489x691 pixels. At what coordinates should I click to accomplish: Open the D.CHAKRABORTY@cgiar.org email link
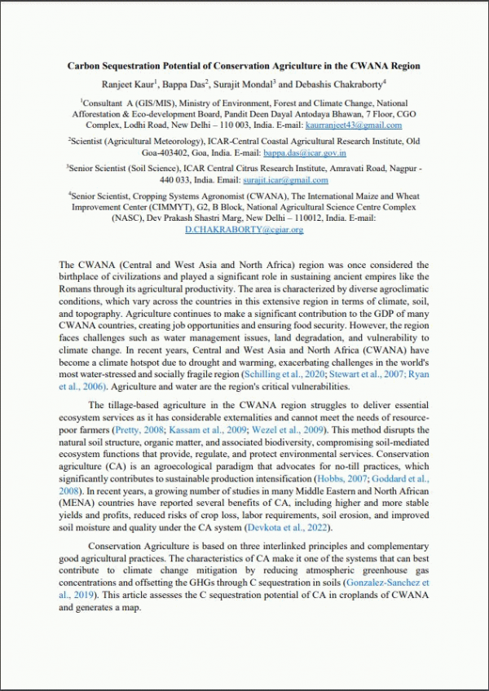(x=244, y=230)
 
